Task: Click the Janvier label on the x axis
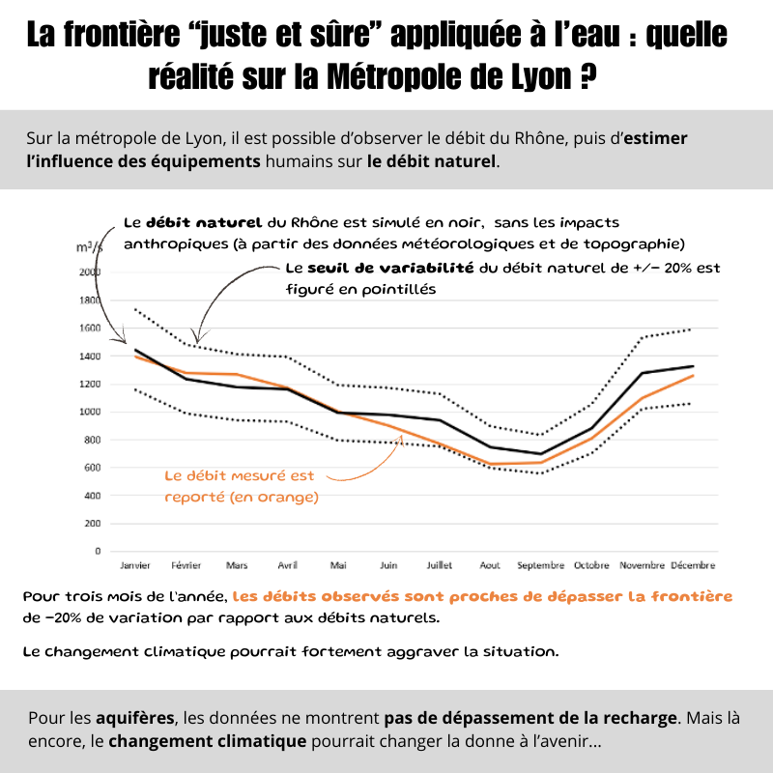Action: pyautogui.click(x=135, y=564)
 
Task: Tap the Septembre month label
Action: pyautogui.click(x=541, y=564)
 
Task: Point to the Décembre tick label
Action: pyautogui.click(x=693, y=564)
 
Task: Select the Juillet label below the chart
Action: pyautogui.click(x=440, y=564)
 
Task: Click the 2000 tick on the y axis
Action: pyautogui.click(x=90, y=272)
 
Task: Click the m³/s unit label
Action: pyautogui.click(x=90, y=249)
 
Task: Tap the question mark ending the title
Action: pyautogui.click(x=587, y=76)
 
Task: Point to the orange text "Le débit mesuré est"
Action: pyautogui.click(x=240, y=475)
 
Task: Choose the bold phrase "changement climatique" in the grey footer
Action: pyautogui.click(x=208, y=741)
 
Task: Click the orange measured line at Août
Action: pyautogui.click(x=491, y=464)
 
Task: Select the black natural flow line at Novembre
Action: pyautogui.click(x=643, y=373)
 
